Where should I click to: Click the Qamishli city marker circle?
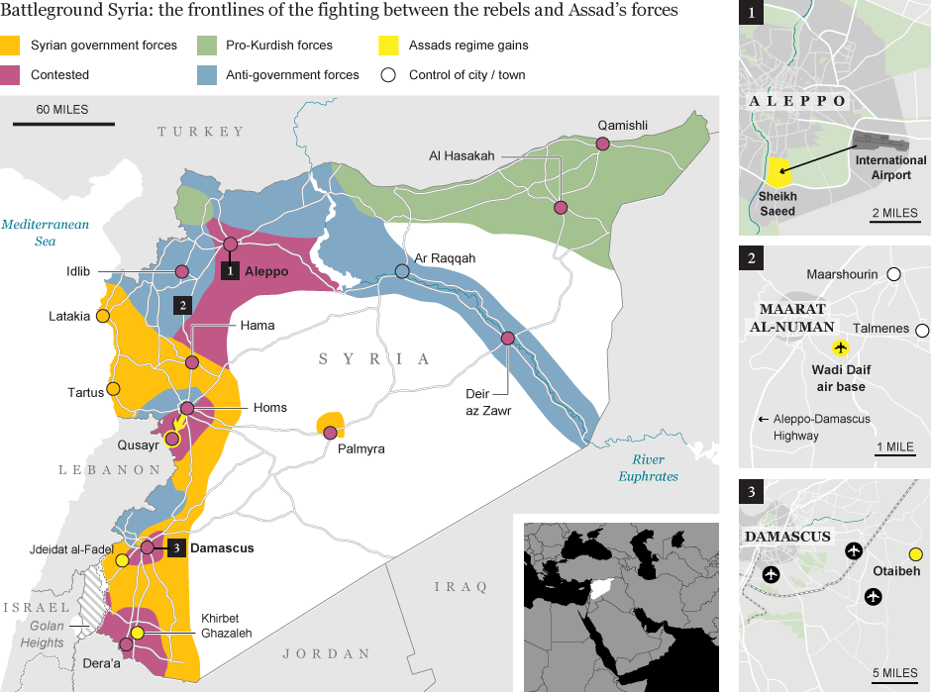point(601,145)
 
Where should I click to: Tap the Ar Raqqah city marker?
point(402,271)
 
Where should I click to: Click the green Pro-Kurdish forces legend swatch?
point(206,46)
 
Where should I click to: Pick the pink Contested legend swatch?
point(11,74)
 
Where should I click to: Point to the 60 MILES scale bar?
point(62,124)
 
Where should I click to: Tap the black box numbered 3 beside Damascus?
point(175,547)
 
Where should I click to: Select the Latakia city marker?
point(101,317)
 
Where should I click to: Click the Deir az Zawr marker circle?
point(507,339)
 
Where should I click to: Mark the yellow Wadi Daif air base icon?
point(841,347)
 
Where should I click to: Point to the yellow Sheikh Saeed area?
point(778,172)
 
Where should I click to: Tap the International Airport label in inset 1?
point(890,167)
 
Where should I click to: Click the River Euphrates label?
point(649,467)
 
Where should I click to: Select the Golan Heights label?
point(40,634)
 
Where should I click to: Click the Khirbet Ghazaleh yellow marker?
point(138,633)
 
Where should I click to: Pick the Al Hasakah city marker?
point(561,208)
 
